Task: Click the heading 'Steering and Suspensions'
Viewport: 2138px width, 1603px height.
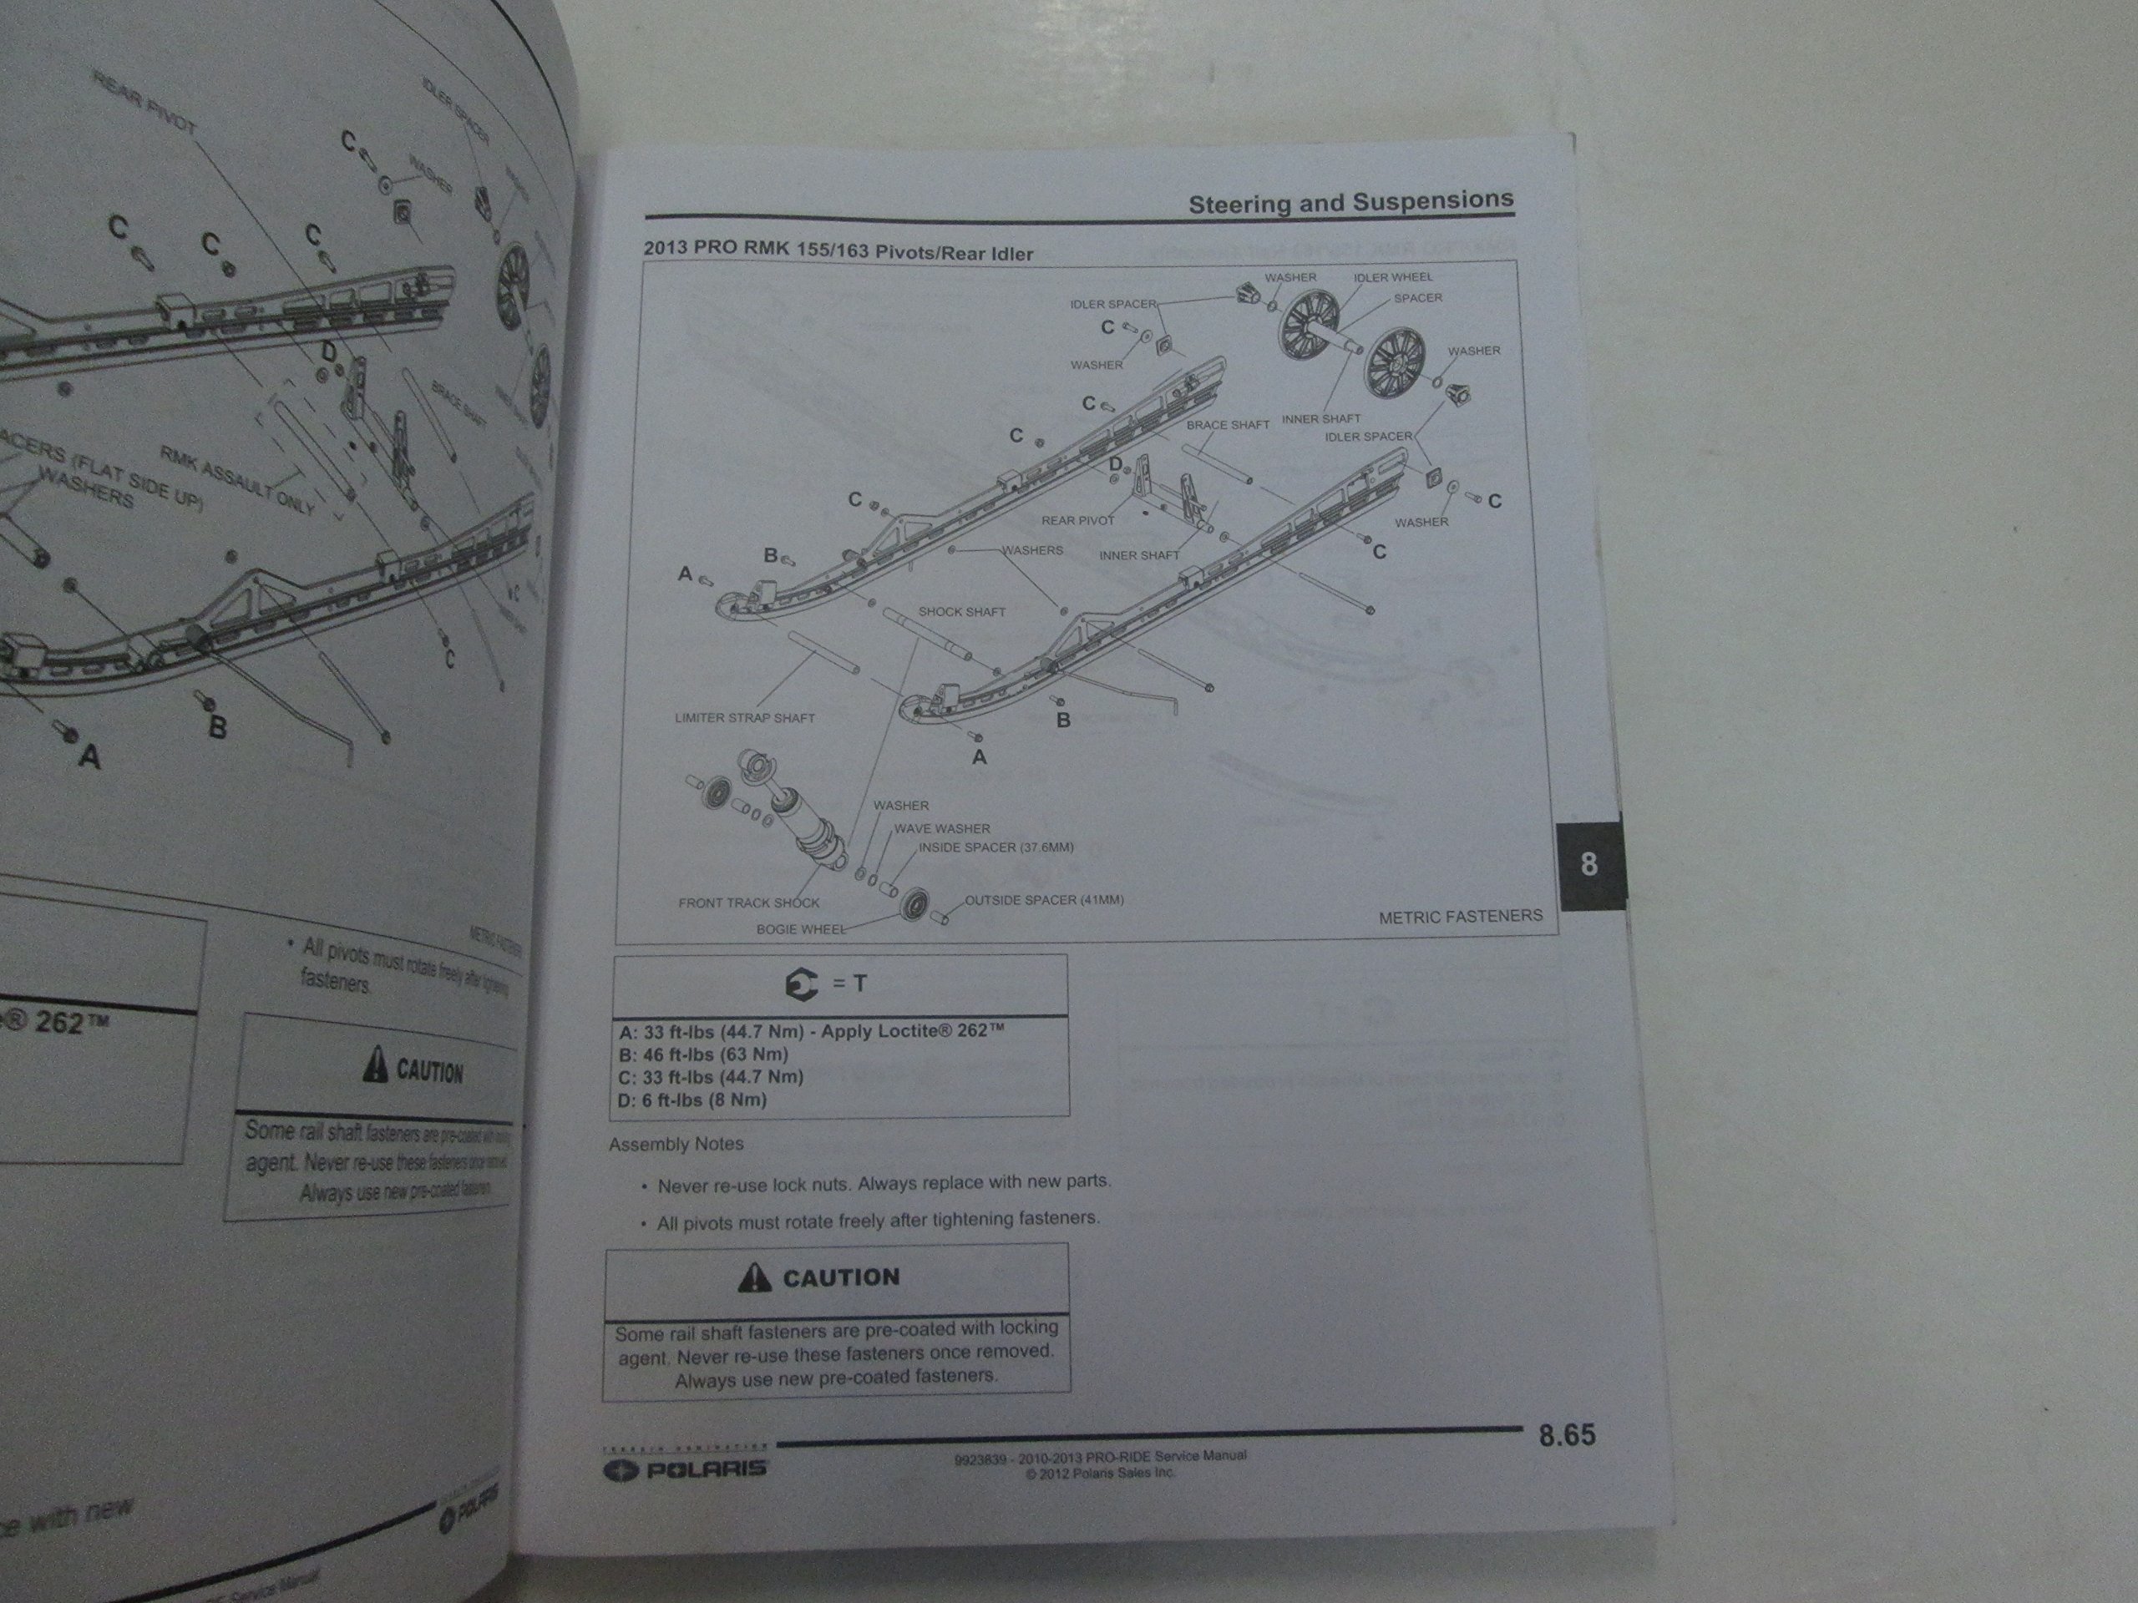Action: click(1350, 202)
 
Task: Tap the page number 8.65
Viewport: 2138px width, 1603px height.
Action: click(1566, 1436)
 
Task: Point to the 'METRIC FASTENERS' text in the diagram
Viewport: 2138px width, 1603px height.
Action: click(1460, 916)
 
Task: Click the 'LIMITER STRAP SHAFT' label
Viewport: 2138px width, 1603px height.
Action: click(744, 718)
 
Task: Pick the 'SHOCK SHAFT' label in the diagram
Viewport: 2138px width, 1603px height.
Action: click(962, 612)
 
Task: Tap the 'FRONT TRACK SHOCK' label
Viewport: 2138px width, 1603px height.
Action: click(748, 903)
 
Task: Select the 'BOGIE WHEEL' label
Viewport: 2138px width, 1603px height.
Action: click(800, 929)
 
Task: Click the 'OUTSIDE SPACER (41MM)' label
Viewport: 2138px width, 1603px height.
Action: click(1044, 899)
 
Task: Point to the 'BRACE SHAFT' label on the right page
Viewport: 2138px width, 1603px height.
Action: click(1228, 424)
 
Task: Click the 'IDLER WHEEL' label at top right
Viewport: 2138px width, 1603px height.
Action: click(1393, 277)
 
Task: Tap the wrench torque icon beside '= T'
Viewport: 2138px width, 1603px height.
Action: click(801, 984)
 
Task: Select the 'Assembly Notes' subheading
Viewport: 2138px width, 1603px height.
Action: click(676, 1144)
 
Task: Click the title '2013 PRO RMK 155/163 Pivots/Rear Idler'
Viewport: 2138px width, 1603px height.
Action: click(838, 251)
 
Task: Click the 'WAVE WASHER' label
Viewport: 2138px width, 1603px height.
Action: click(940, 828)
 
